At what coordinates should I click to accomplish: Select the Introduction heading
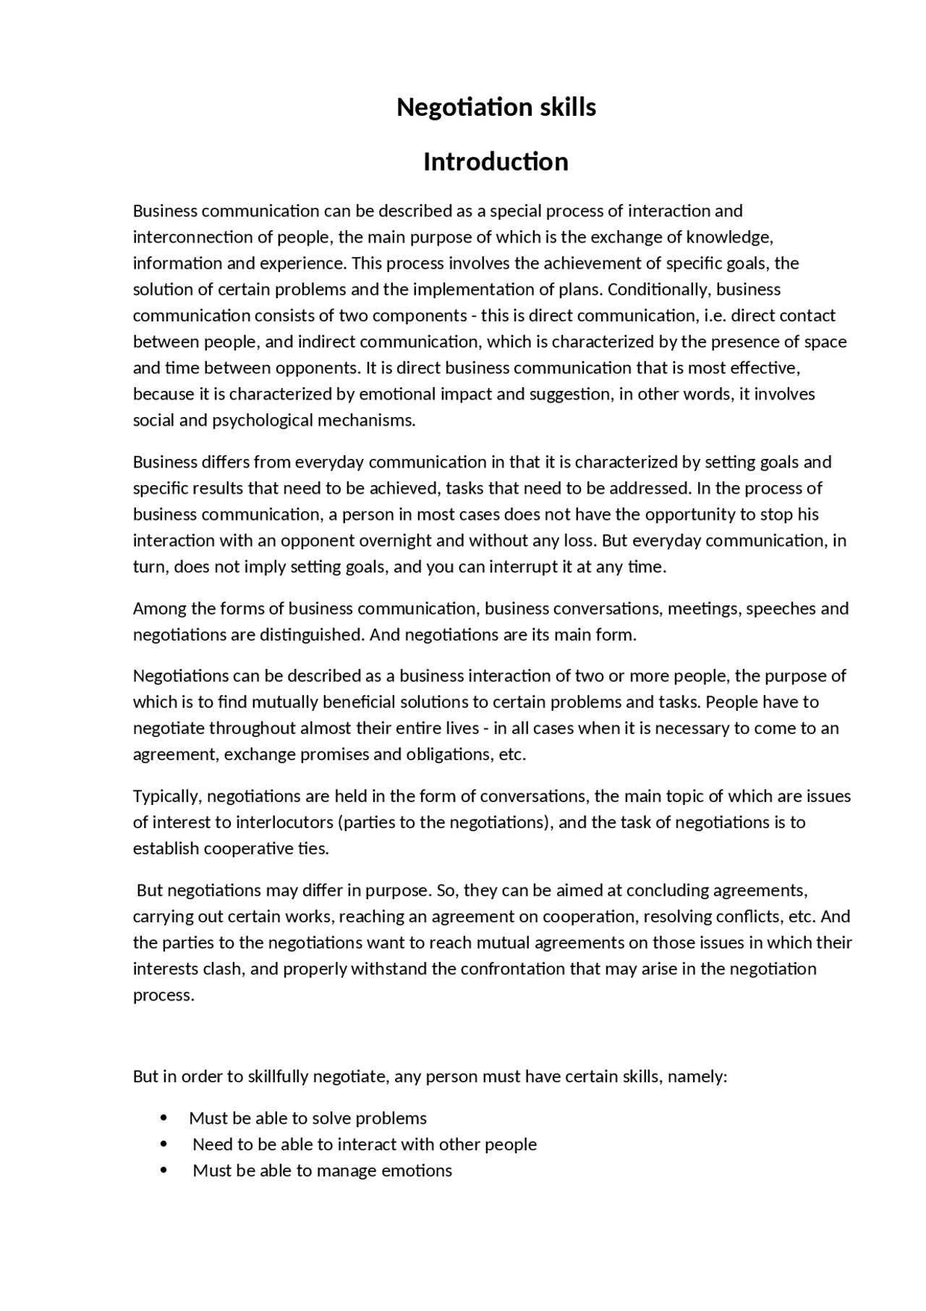click(496, 161)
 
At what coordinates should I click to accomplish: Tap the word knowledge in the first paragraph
click(729, 237)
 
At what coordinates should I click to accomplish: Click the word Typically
click(167, 796)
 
